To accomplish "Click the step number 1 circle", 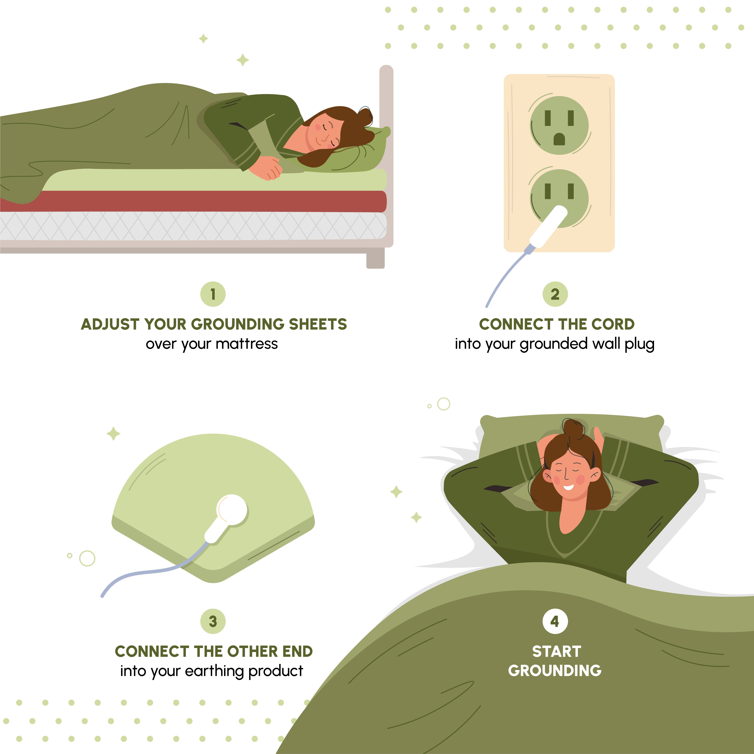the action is coord(213,294).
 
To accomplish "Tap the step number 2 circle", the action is coord(555,294).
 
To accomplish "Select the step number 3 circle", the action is coord(213,621).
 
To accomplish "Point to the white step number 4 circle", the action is coord(555,621).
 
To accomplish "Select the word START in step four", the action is coord(556,651).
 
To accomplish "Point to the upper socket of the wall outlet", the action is coord(559,125).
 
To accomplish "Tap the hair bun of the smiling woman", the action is coord(573,428).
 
